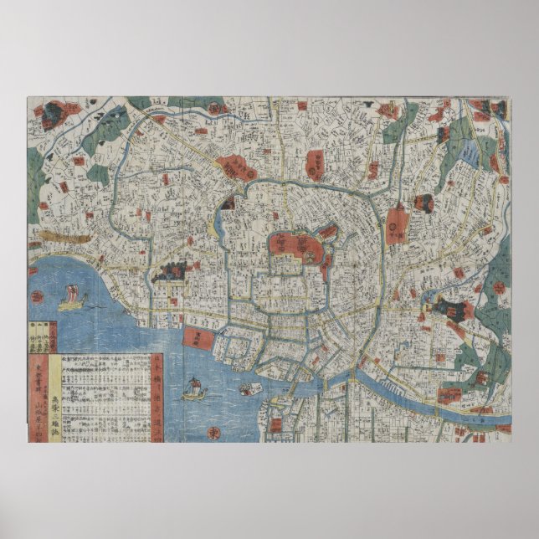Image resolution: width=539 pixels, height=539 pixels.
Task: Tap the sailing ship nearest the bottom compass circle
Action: (x=194, y=388)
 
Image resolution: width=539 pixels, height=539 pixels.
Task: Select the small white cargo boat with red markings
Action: (x=249, y=388)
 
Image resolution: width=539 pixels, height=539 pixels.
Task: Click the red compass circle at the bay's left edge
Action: (x=39, y=294)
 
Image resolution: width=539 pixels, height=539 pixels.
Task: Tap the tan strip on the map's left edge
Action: (x=62, y=237)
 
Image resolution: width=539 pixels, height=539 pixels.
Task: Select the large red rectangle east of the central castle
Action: (x=397, y=224)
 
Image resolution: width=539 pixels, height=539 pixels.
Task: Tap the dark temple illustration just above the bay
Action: (x=169, y=270)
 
